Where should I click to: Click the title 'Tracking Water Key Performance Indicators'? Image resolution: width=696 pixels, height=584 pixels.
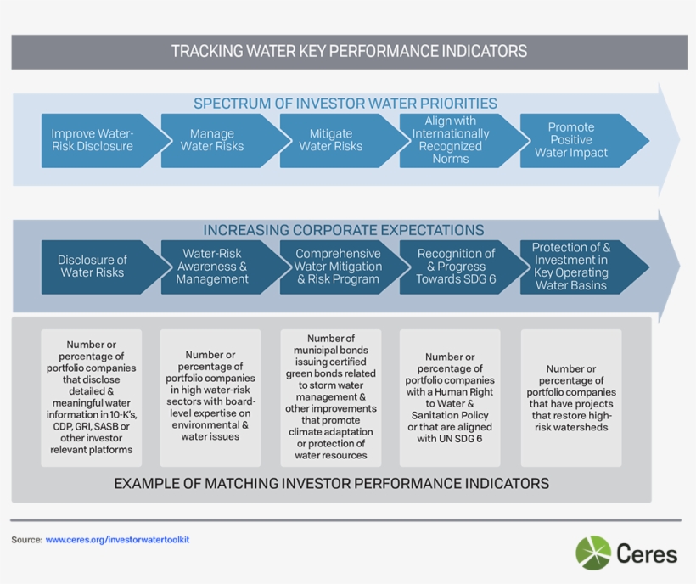coord(349,51)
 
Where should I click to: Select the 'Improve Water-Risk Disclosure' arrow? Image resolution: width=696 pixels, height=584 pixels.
coord(93,140)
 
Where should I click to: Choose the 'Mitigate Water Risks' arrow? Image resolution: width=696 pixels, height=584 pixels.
coord(331,140)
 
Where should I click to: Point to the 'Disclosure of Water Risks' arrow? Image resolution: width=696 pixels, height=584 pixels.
coord(93,267)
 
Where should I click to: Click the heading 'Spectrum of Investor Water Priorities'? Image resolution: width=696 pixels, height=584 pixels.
coord(345,104)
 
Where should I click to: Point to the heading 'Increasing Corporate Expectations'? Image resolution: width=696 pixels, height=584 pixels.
coord(344,230)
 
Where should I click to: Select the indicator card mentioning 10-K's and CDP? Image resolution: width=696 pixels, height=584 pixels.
coord(92,398)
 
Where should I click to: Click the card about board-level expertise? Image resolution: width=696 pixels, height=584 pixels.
coord(210,398)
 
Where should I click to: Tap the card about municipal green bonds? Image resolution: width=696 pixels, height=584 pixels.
coord(331,398)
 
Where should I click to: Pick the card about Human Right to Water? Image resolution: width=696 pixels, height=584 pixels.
coord(451,398)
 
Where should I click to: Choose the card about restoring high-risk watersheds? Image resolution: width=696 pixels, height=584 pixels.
coord(571,398)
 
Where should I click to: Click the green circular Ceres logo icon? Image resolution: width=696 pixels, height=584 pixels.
coord(593,553)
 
